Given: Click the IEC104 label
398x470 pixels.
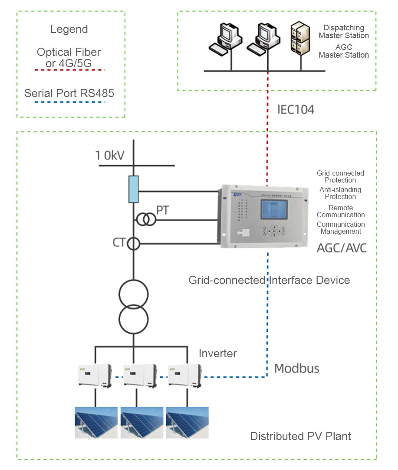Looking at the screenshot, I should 296,110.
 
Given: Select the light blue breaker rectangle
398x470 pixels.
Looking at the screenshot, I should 134,189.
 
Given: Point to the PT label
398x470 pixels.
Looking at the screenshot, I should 163,211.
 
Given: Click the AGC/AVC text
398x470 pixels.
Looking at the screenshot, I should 342,248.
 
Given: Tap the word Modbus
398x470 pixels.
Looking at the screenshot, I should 297,369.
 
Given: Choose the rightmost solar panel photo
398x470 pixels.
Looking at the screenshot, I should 187,422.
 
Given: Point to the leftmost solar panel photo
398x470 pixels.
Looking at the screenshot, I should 96,422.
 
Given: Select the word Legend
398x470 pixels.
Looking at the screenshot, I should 69,29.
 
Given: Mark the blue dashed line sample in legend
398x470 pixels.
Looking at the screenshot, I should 71,103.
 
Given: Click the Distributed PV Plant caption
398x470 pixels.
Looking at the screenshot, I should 300,436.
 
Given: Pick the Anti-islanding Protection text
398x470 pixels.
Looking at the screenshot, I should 340,193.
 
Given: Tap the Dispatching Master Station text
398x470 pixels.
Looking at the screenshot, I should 344,32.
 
